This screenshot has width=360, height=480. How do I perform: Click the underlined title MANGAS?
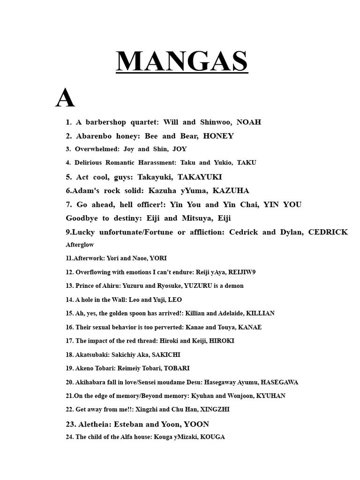point(182,61)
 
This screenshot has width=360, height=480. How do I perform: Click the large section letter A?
point(65,98)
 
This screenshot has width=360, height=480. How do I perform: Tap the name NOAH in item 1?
point(249,122)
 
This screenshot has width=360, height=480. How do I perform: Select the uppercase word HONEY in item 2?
point(218,136)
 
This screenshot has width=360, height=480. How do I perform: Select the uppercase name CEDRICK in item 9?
point(328,232)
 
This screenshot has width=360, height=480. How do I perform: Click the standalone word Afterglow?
point(80,245)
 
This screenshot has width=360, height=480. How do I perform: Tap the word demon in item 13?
point(233,285)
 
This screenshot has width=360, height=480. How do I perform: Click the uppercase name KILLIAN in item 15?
point(260,313)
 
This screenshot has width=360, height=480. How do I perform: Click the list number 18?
point(69,355)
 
